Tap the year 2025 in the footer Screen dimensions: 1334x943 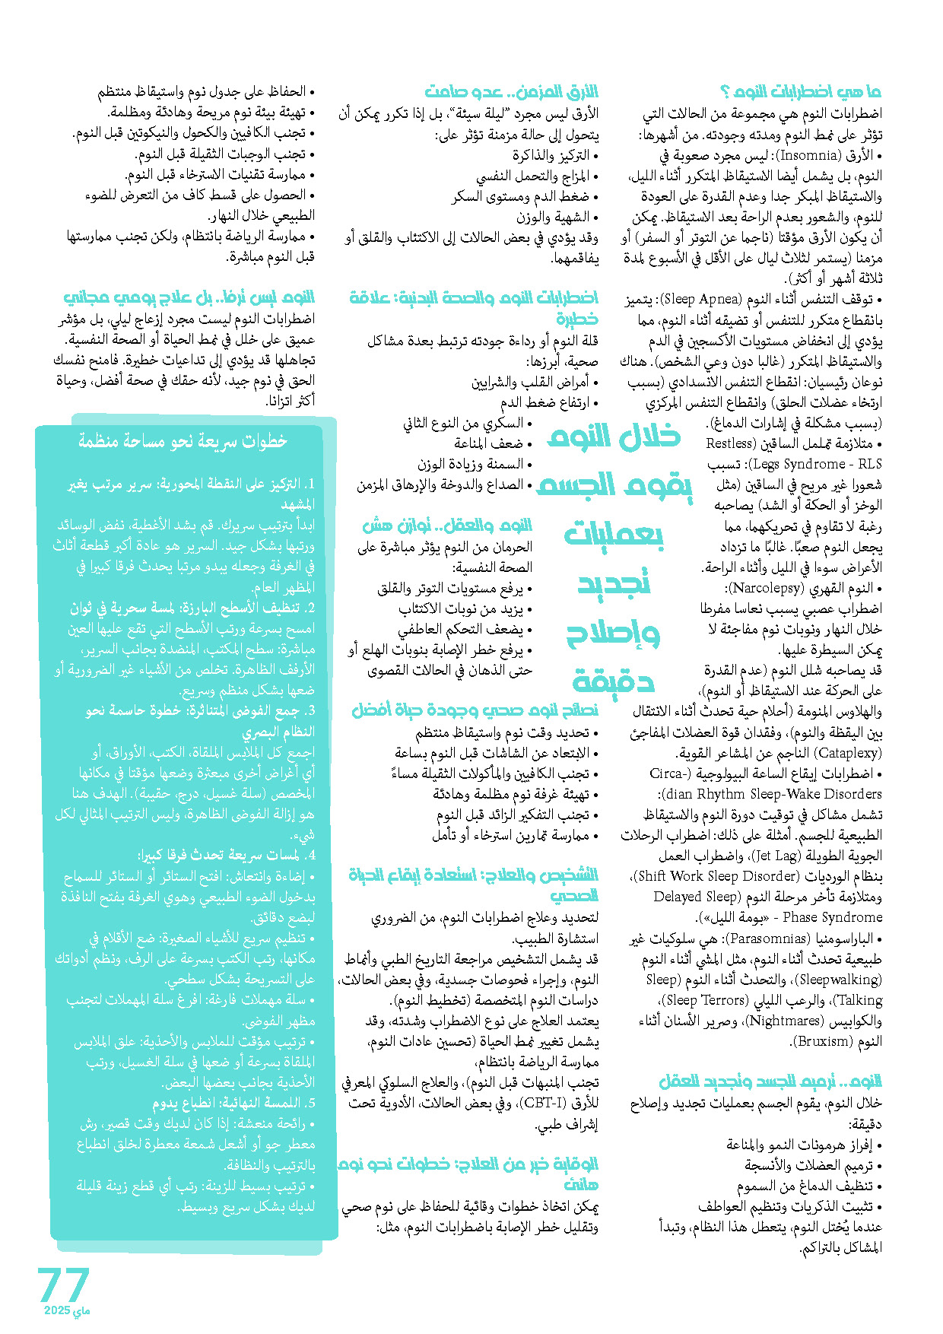[x=57, y=1310]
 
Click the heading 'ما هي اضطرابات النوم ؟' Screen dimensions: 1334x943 [x=801, y=92]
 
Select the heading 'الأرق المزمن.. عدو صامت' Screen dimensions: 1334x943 [x=511, y=92]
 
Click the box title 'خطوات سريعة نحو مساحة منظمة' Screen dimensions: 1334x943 [x=183, y=441]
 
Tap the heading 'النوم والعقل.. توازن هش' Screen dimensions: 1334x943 [x=447, y=526]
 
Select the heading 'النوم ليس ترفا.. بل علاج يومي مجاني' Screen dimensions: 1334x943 [x=189, y=297]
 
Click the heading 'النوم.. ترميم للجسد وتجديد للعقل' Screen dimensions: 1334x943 [x=770, y=1081]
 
